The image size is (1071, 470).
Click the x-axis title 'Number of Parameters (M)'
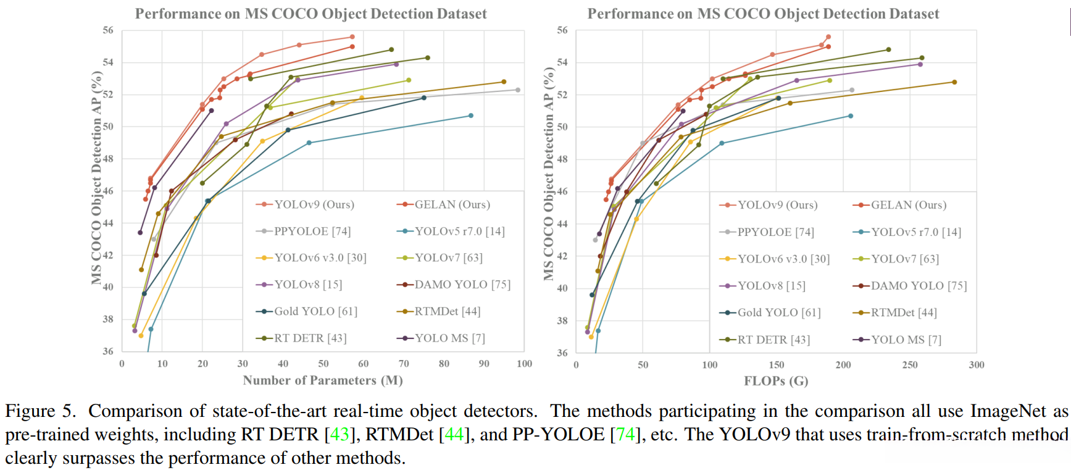tap(323, 380)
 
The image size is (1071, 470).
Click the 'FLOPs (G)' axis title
tap(776, 381)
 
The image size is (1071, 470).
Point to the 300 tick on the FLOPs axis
tap(977, 365)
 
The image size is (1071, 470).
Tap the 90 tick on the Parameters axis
tap(484, 364)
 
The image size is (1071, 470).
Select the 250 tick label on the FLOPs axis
tap(910, 365)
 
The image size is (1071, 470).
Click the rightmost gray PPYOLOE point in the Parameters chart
tap(518, 90)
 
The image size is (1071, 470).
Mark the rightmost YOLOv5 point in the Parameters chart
tap(471, 115)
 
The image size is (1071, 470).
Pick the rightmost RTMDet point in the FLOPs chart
tap(954, 82)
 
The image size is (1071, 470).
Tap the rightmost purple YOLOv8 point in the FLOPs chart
tap(920, 64)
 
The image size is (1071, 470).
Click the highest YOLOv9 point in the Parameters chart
tap(352, 37)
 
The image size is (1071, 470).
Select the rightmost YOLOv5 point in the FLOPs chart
tap(851, 116)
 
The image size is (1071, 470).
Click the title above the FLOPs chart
tap(763, 14)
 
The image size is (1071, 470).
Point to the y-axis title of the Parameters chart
tap(96, 178)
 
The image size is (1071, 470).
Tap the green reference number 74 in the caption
tap(625, 435)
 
